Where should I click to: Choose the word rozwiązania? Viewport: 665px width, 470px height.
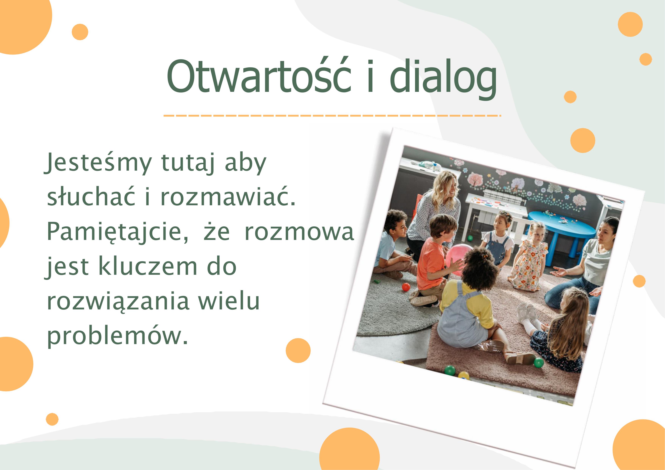coord(118,302)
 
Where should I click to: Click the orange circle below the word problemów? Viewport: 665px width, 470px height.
coord(298,351)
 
